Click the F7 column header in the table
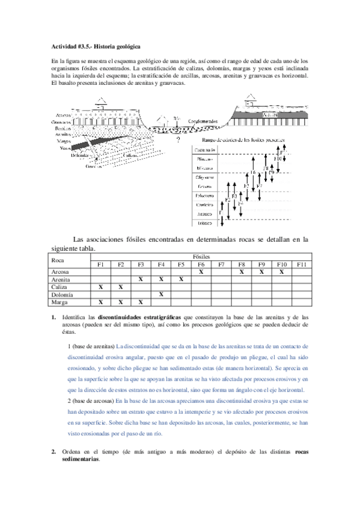221,265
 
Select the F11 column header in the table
302,265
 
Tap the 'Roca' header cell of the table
58,260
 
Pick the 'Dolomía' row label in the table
63,295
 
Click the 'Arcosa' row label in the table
61,272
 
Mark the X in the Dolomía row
160,295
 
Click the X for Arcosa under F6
201,272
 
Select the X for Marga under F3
140,303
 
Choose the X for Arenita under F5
180,280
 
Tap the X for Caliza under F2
120,287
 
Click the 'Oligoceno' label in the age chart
204,178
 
